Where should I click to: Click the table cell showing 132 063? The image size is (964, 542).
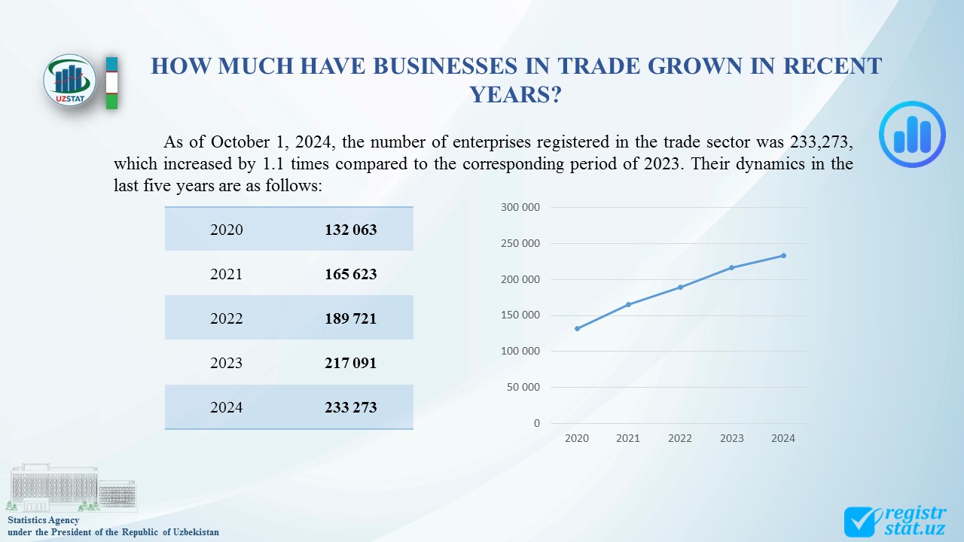(x=351, y=230)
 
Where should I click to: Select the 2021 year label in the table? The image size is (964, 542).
(x=227, y=274)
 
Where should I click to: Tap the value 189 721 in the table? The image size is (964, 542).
(x=351, y=318)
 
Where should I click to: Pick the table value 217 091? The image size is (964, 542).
(x=351, y=363)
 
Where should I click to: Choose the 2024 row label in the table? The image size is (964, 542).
(x=227, y=407)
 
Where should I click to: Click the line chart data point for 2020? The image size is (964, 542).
(x=577, y=328)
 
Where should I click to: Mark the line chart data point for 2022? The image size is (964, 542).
(x=680, y=287)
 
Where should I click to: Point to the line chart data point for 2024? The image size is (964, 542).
(x=783, y=255)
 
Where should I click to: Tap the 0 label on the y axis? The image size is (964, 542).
(x=537, y=423)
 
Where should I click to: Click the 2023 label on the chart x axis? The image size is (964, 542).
(x=731, y=438)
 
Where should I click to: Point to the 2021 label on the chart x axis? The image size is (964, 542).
(x=628, y=438)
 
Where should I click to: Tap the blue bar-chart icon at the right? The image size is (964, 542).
(x=912, y=134)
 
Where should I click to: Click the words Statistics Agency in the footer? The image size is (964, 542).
(x=43, y=520)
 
